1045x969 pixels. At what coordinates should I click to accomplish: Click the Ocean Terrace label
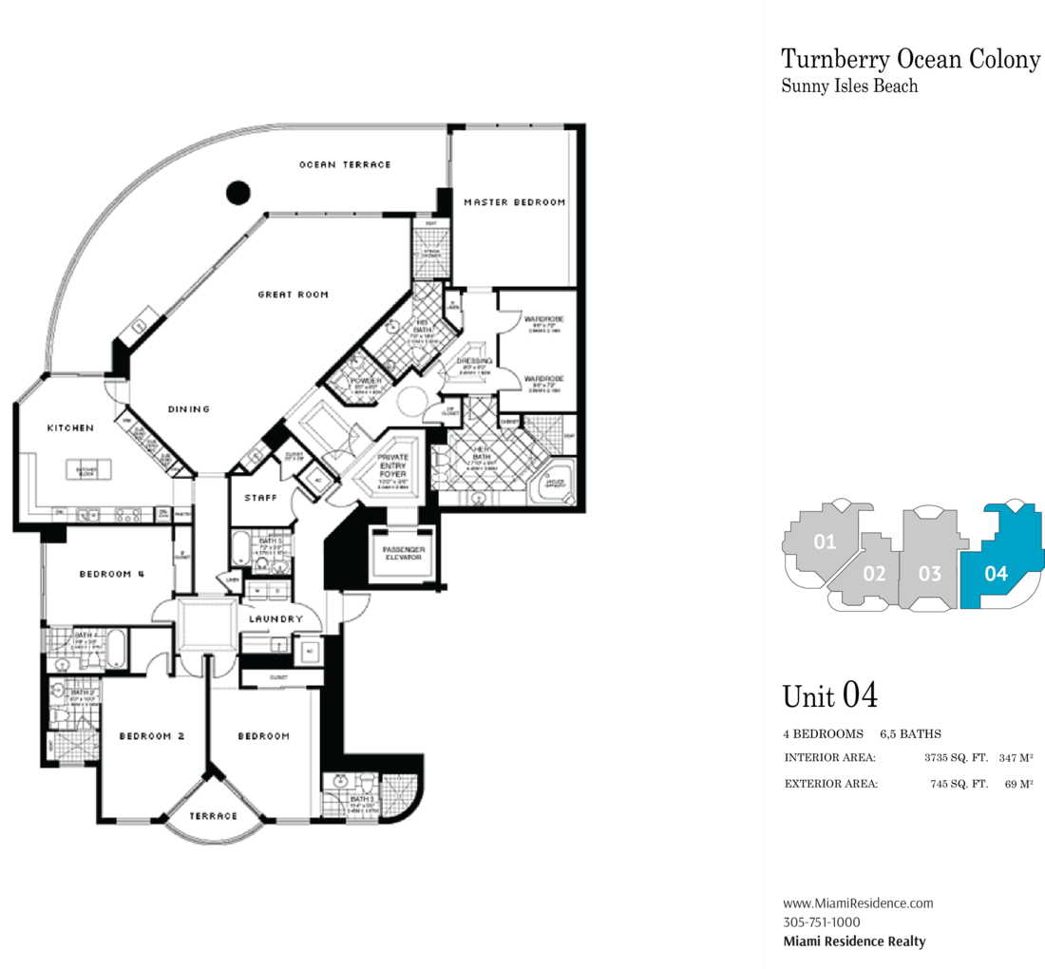345,165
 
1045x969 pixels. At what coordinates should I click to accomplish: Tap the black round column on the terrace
238,192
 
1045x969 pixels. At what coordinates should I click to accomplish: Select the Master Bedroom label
514,202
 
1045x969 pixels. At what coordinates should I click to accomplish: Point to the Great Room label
293,294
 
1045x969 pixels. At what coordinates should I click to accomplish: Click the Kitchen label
71,428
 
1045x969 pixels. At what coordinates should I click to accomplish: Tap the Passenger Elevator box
402,553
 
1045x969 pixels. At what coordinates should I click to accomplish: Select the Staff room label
259,497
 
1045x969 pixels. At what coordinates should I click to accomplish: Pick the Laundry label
275,619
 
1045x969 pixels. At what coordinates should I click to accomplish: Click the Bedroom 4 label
112,574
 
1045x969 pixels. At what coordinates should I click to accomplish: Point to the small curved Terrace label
213,816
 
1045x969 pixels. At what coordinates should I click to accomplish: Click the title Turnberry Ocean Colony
910,59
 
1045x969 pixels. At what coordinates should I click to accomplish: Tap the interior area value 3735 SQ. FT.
956,758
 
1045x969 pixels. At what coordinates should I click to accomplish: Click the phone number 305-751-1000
822,922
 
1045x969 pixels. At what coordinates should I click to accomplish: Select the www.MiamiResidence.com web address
857,903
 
